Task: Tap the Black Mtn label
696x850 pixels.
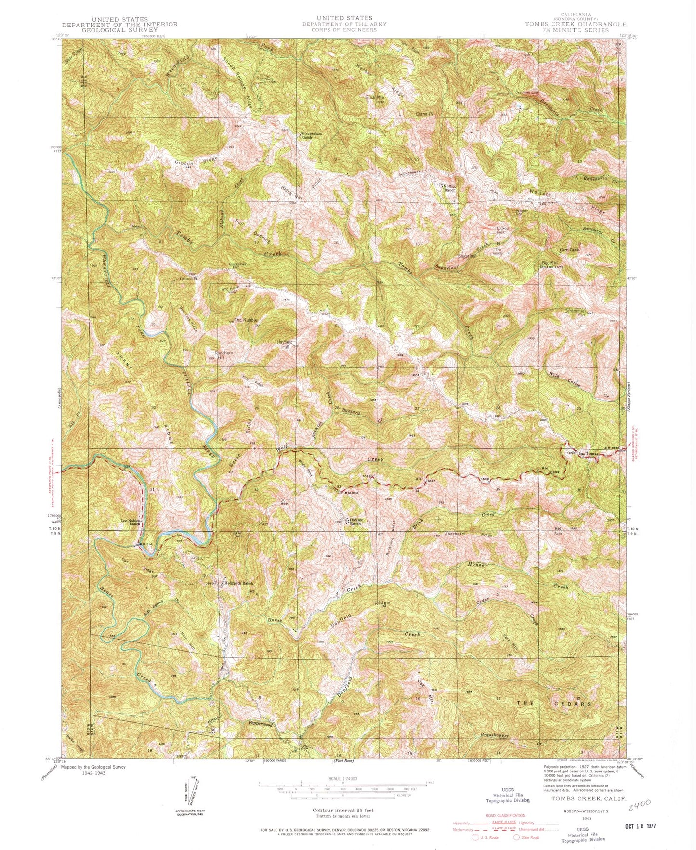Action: (x=373, y=98)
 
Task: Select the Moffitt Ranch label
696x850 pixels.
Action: (x=449, y=188)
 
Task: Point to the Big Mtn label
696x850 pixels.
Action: (x=545, y=262)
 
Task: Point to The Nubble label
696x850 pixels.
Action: (x=246, y=320)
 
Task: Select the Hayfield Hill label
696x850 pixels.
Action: (x=284, y=345)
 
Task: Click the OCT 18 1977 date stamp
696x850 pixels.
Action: (x=637, y=826)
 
